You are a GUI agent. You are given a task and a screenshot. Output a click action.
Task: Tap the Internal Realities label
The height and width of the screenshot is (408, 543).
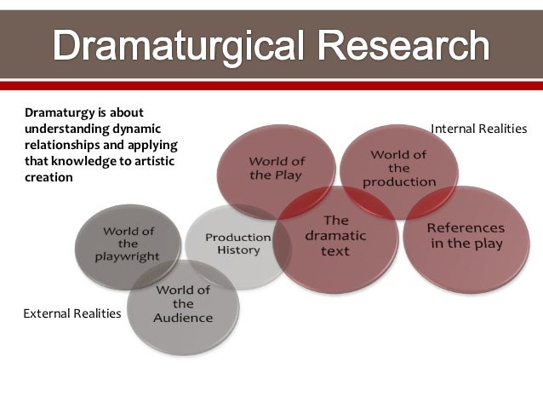[x=479, y=128]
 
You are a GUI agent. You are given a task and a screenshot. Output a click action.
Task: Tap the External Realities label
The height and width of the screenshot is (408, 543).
[x=71, y=314]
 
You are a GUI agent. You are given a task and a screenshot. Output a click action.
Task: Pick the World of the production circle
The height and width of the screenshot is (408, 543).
[x=398, y=168]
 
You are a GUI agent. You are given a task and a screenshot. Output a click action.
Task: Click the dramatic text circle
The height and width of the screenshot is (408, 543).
[x=337, y=235]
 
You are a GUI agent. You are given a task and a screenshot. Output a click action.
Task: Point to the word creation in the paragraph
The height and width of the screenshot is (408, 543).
[x=49, y=177]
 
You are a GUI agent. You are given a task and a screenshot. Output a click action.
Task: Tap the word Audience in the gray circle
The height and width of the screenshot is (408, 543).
[x=183, y=318]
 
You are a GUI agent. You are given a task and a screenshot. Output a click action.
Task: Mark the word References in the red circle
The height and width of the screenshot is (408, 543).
[x=465, y=228]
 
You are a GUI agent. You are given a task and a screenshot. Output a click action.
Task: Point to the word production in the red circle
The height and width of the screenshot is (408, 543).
[x=398, y=181]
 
